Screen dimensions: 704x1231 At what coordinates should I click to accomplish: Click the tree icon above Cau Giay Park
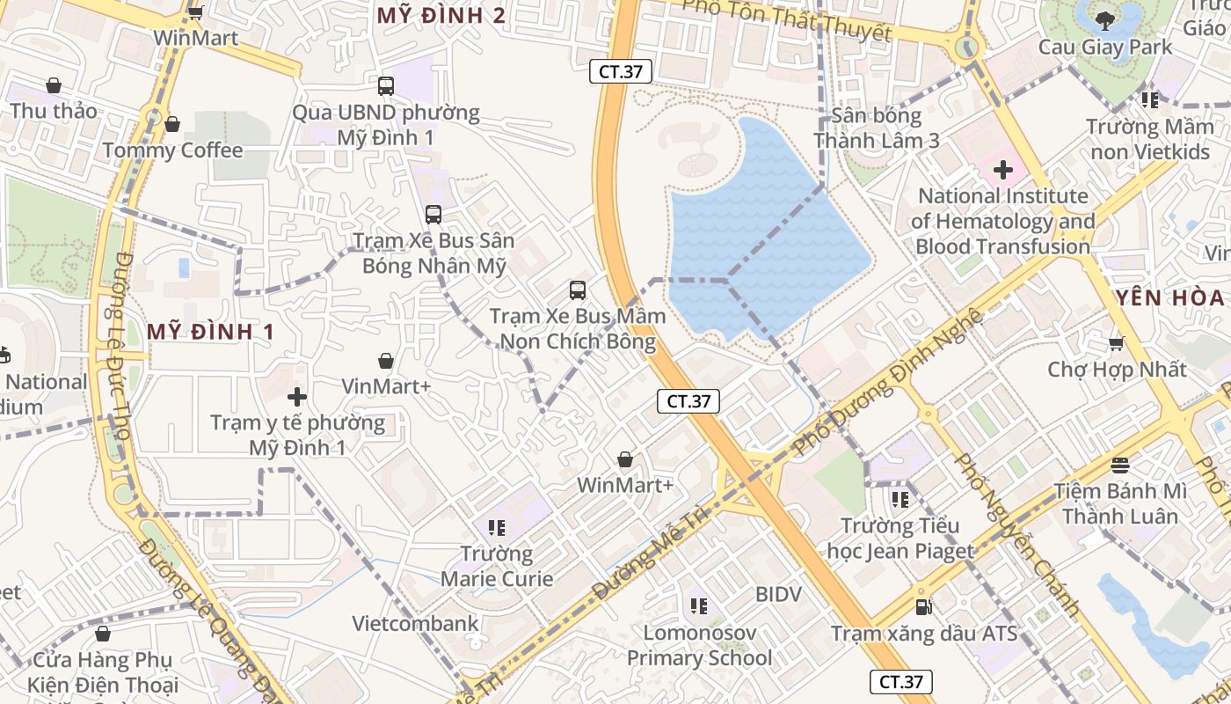(x=1105, y=19)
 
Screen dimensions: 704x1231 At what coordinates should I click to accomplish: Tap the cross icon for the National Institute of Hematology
(x=1002, y=170)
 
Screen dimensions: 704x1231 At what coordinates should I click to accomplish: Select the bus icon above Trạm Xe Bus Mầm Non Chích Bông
(x=577, y=290)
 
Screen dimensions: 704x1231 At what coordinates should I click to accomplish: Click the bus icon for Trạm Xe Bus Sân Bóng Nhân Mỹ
(x=433, y=214)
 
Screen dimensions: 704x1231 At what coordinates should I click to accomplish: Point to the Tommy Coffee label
(x=172, y=150)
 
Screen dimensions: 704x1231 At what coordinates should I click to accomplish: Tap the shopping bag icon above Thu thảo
(x=54, y=85)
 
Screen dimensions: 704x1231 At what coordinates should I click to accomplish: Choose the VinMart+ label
(x=386, y=386)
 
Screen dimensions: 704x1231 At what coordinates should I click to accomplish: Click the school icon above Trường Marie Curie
(x=497, y=527)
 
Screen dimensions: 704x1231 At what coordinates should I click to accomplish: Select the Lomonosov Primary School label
(x=699, y=645)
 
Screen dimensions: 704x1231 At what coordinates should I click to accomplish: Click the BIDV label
(x=778, y=595)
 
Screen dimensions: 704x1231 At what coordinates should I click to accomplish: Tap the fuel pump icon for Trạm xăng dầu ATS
(x=922, y=606)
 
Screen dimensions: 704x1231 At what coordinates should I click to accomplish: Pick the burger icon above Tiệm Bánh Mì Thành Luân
(x=1119, y=464)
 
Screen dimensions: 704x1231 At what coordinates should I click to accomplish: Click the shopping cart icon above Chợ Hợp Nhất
(x=1116, y=343)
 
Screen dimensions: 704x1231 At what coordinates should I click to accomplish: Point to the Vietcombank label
(x=415, y=624)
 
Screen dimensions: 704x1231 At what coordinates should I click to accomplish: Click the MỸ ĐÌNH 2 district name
(x=441, y=15)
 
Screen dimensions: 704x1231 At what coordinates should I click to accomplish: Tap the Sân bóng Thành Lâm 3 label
(x=877, y=128)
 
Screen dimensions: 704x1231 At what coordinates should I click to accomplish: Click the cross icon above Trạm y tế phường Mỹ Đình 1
(x=297, y=397)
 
